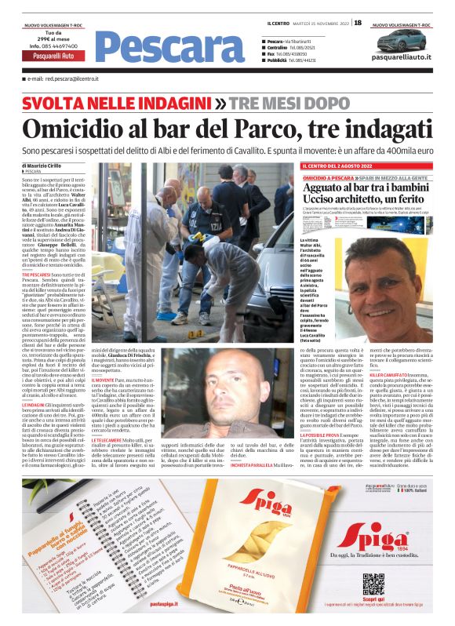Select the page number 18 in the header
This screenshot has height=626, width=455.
pos(357,23)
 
